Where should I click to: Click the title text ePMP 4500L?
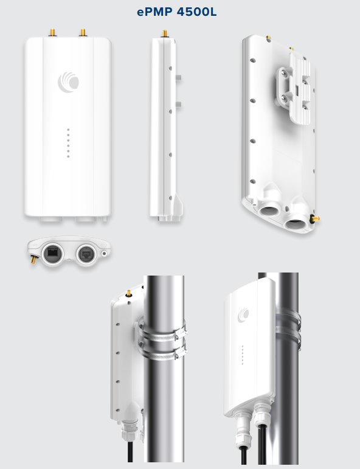(177, 12)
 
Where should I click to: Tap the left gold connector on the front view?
(52, 32)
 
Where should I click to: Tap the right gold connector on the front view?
(83, 32)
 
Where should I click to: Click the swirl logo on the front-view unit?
(69, 82)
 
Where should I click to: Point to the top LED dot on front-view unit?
(69, 130)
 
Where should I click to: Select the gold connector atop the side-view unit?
(165, 33)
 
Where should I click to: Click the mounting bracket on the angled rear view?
(294, 89)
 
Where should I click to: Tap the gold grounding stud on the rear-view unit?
(314, 218)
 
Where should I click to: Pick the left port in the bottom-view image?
(53, 254)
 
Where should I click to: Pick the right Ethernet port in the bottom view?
(86, 254)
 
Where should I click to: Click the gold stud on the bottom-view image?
(33, 260)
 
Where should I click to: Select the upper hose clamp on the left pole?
(162, 332)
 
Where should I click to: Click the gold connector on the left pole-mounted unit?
(128, 293)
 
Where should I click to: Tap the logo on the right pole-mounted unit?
(243, 315)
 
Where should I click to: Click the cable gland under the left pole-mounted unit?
(130, 430)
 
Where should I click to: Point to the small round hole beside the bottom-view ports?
(104, 254)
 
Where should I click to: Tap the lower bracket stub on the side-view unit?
(178, 105)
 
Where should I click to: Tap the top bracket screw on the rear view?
(285, 72)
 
